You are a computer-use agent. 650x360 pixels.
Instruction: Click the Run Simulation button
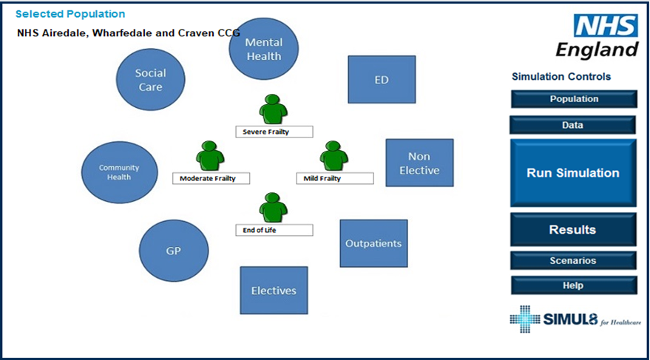coord(573,173)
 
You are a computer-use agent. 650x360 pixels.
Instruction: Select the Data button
coord(572,125)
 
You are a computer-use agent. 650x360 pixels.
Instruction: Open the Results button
coord(573,229)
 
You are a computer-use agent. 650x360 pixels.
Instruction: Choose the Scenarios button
coord(573,261)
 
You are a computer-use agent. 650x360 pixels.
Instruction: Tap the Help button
coord(574,285)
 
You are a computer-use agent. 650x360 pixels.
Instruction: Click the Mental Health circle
coord(264,49)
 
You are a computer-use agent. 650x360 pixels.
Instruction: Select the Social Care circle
coord(150,80)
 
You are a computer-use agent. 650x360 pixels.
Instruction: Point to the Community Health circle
coord(119,172)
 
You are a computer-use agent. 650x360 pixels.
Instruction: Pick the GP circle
coord(174,251)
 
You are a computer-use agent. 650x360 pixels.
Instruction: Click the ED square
coord(382,80)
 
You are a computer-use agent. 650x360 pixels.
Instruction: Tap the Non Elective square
coord(419,163)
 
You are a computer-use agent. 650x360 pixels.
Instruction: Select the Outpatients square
coord(373,243)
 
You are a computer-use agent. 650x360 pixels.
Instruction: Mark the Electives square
coord(274,291)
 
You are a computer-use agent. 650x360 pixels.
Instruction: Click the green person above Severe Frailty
coord(273,109)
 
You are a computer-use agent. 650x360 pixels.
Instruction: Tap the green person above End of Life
coord(273,208)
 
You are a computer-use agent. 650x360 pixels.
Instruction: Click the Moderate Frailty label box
coord(211,179)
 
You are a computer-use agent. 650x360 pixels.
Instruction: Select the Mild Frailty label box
coord(335,179)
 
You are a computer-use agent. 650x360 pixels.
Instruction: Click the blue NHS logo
coord(606,26)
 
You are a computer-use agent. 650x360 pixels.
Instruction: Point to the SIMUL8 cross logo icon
coord(525,319)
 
